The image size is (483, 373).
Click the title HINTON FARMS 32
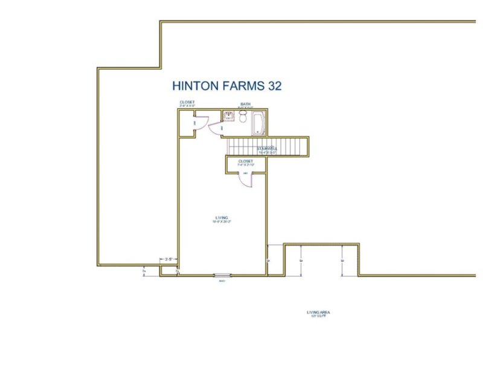pyautogui.click(x=226, y=86)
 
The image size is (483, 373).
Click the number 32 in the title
pyautogui.click(x=275, y=86)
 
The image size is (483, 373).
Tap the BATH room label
pyautogui.click(x=245, y=104)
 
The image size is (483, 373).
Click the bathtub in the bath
pyautogui.click(x=258, y=123)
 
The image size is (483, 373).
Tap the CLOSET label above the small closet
pyautogui.click(x=187, y=102)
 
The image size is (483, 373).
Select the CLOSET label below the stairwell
pyautogui.click(x=245, y=161)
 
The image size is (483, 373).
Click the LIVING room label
pyautogui.click(x=222, y=218)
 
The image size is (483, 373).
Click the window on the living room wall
pyautogui.click(x=222, y=276)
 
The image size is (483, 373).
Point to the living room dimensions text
pyautogui.click(x=222, y=222)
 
